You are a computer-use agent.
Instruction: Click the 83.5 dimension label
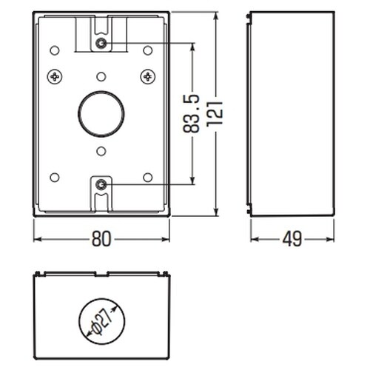pyautogui.click(x=191, y=114)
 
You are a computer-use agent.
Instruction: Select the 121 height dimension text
pyautogui.click(x=215, y=114)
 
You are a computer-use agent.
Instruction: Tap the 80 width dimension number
pyautogui.click(x=101, y=239)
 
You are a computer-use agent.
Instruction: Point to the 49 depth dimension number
pyautogui.click(x=292, y=239)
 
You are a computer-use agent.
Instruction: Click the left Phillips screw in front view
pyautogui.click(x=55, y=77)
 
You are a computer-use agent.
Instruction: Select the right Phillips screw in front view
pyautogui.click(x=148, y=77)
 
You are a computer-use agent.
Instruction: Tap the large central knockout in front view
pyautogui.click(x=101, y=114)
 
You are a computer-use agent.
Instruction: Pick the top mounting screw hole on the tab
pyautogui.click(x=101, y=44)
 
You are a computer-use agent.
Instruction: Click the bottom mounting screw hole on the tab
pyautogui.click(x=101, y=184)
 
